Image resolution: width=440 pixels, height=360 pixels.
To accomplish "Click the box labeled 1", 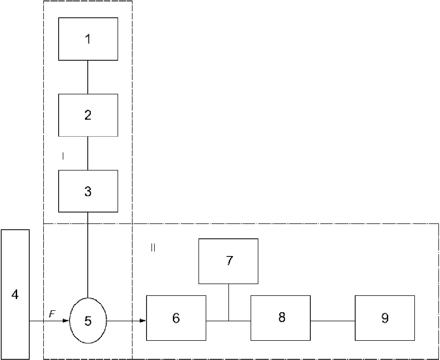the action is click(x=88, y=39).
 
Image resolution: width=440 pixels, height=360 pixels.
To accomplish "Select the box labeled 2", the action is click(x=88, y=115).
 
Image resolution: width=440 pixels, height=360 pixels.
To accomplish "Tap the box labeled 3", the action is click(x=88, y=191).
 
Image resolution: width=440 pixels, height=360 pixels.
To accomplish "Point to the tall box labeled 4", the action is click(x=15, y=294).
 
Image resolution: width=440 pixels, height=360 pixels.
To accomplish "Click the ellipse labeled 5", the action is click(x=88, y=320).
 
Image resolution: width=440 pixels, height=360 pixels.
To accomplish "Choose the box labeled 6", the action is click(x=176, y=318).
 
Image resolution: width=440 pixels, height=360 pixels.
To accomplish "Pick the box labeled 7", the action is click(x=228, y=261).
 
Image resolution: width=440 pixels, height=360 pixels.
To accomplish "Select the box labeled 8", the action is click(x=281, y=318).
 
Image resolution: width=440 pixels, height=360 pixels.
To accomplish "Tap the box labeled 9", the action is click(x=385, y=318).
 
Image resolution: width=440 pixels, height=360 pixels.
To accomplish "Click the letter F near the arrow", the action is click(x=52, y=315).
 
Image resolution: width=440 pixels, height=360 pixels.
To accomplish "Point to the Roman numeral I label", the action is click(x=63, y=156).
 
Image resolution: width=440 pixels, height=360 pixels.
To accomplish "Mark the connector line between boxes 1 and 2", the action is click(x=88, y=77).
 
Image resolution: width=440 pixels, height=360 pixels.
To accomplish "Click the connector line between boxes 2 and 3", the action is click(x=88, y=153).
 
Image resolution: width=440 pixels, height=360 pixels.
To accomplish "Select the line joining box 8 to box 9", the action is click(x=333, y=321).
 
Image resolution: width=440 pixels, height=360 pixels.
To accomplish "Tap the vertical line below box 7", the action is click(x=229, y=302).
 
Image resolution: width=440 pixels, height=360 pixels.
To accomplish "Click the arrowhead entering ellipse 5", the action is click(x=66, y=321).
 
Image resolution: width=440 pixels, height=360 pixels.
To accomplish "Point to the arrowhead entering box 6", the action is click(x=143, y=321).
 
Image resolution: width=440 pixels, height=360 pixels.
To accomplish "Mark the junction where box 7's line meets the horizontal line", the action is click(x=229, y=321).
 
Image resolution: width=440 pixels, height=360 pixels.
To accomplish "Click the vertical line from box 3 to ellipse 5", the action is click(x=88, y=255).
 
